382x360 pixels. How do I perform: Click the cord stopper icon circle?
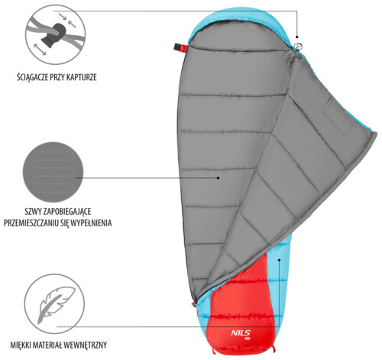point(56,34)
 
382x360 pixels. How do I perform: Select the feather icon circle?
point(54,304)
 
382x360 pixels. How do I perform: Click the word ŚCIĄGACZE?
point(32,77)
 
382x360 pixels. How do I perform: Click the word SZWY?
point(33,212)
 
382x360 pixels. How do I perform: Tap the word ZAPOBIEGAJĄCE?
point(67,212)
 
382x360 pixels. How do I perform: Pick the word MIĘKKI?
point(21,345)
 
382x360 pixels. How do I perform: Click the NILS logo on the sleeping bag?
point(241,333)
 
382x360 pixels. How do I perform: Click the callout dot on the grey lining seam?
point(218,178)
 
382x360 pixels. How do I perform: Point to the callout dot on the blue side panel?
point(280,260)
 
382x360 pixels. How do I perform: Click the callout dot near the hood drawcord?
point(297,37)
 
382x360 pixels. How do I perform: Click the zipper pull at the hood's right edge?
point(298,47)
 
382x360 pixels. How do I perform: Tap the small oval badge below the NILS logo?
point(248,339)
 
